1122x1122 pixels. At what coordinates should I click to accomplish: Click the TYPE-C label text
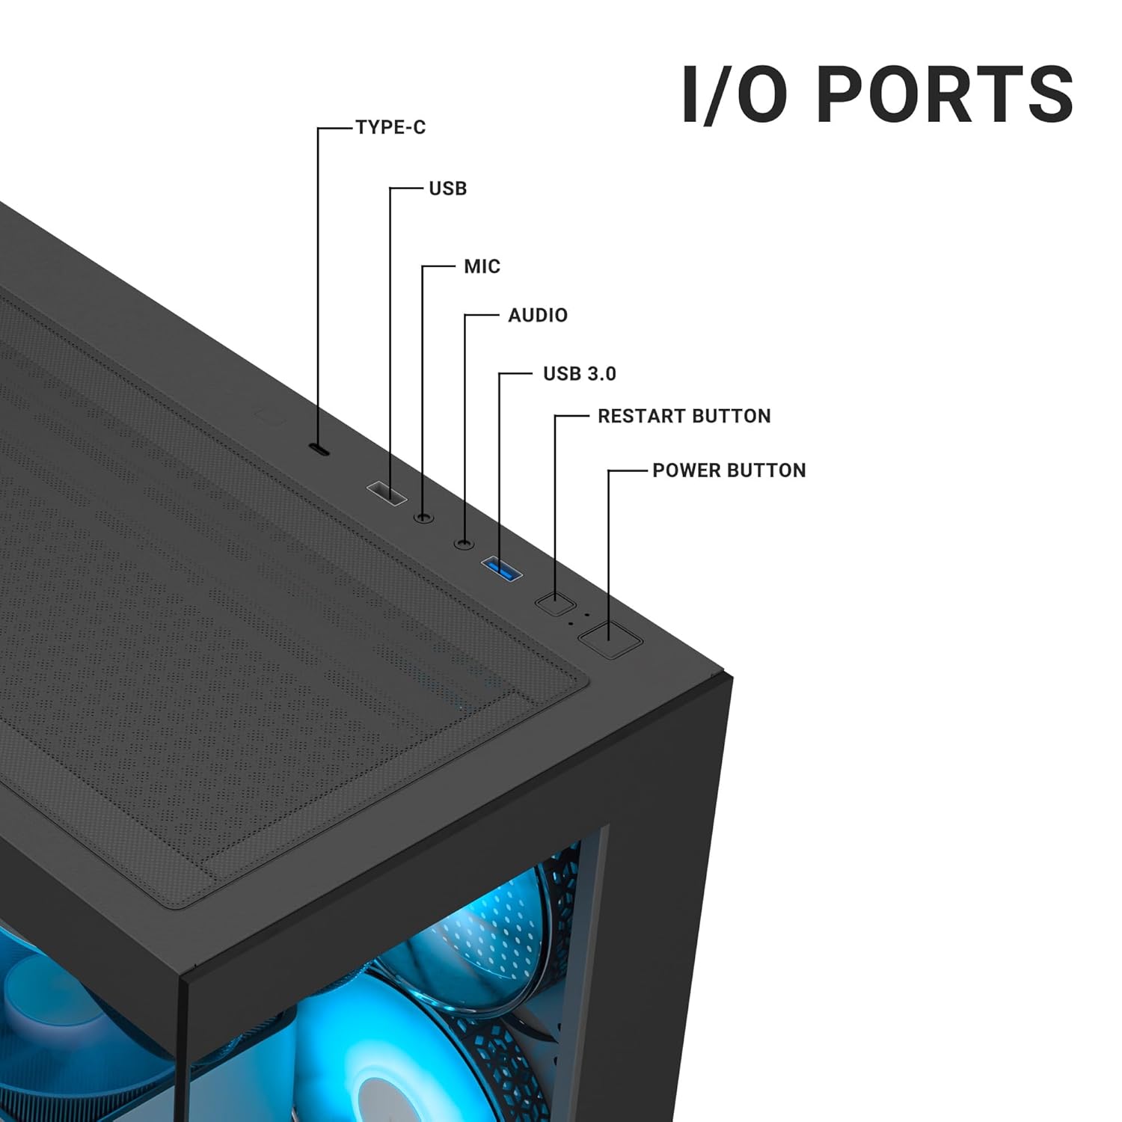point(390,128)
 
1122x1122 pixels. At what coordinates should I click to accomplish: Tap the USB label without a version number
point(447,188)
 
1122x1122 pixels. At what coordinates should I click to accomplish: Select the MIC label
point(482,266)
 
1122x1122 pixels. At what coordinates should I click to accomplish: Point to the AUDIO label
point(538,316)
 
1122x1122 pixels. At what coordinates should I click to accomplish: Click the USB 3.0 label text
point(579,374)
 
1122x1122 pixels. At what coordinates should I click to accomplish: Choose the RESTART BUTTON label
point(684,417)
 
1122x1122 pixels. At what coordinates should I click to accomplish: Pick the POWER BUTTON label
point(729,470)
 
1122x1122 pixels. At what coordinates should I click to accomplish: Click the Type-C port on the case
point(320,450)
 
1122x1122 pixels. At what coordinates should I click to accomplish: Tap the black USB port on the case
point(386,493)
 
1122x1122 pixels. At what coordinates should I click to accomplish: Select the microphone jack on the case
point(424,517)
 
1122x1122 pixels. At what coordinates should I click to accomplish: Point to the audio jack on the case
point(465,542)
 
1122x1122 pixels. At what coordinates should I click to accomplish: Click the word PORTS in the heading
point(944,95)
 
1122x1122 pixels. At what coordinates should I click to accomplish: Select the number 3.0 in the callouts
point(600,374)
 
